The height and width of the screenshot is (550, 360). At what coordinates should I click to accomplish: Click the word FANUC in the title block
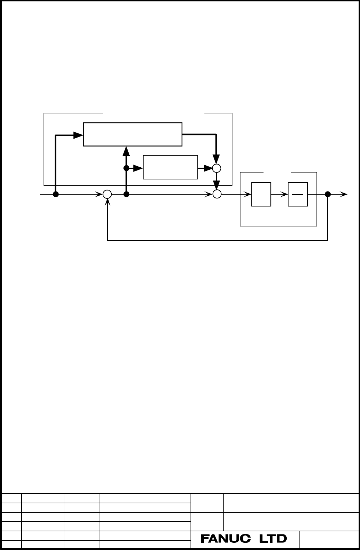click(226, 539)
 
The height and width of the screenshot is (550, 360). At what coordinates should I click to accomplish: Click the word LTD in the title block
click(273, 539)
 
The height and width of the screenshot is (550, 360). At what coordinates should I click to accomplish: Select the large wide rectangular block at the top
click(132, 134)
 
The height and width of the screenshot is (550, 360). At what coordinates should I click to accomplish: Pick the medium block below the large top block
click(170, 167)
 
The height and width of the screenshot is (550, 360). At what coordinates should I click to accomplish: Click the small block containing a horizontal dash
click(298, 194)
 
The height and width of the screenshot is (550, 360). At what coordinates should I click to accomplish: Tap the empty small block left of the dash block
click(261, 194)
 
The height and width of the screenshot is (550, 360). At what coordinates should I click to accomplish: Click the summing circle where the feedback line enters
click(107, 194)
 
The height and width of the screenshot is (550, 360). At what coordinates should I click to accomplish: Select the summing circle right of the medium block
click(216, 168)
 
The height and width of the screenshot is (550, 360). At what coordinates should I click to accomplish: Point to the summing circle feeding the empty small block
click(217, 194)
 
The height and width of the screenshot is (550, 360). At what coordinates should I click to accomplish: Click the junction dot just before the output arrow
click(327, 194)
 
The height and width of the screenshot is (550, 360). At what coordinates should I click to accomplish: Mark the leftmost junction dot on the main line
click(56, 194)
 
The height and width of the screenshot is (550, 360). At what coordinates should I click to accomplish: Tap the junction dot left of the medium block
click(126, 168)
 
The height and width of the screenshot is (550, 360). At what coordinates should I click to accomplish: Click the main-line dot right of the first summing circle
click(126, 194)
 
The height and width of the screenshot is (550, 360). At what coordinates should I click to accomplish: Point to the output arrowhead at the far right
click(343, 194)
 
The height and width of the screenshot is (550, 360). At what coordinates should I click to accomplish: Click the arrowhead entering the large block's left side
click(79, 135)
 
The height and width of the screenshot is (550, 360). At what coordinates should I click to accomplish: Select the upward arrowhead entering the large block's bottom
click(126, 151)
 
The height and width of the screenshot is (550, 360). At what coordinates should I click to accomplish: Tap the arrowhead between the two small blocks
click(284, 195)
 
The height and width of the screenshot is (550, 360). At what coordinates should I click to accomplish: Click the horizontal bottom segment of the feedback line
click(218, 240)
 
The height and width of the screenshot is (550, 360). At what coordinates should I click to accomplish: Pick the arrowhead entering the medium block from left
click(138, 168)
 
